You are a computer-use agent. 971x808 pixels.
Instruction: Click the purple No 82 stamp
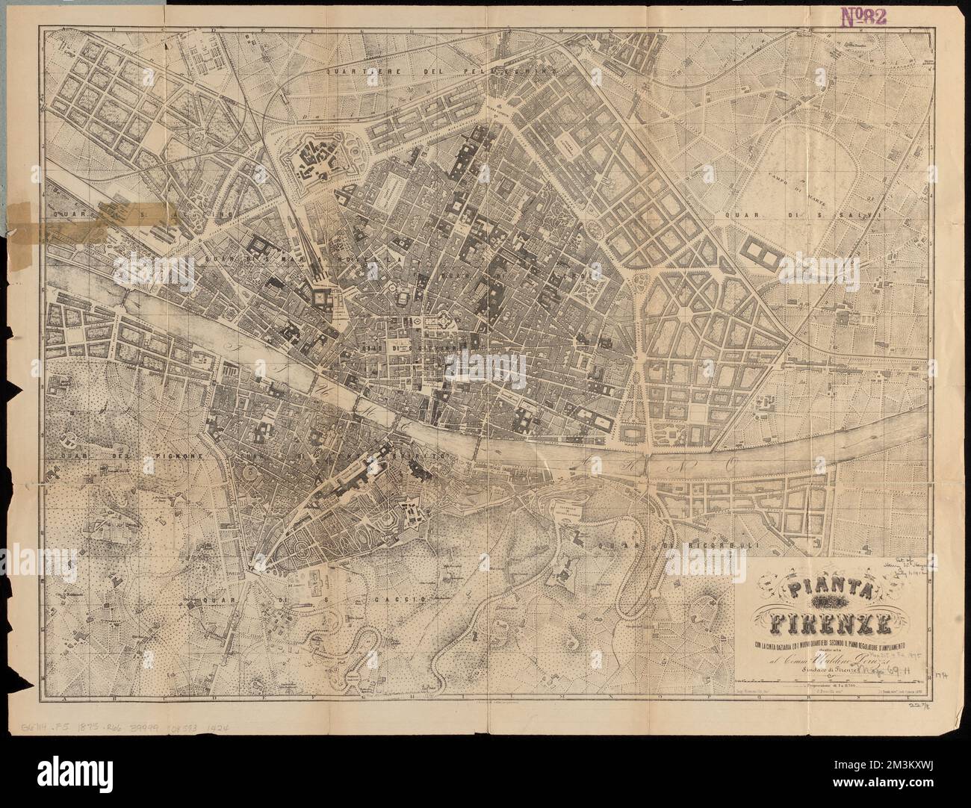click(863, 17)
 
